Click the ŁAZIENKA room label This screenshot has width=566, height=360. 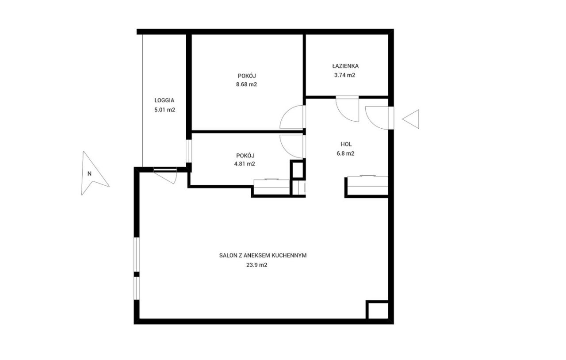[345, 66]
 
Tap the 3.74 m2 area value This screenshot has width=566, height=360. [344, 75]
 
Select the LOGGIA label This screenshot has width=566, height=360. [164, 100]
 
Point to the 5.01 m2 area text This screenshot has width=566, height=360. [165, 110]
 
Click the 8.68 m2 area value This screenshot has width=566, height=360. [246, 84]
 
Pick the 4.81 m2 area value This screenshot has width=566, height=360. [245, 164]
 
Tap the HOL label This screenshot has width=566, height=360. [346, 144]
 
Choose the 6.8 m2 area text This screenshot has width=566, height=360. [345, 153]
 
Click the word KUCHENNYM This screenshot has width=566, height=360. [289, 256]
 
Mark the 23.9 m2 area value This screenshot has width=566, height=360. [257, 265]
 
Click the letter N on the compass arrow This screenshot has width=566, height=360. [89, 174]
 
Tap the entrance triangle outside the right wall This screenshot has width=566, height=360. [411, 119]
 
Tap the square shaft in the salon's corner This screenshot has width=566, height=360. [377, 310]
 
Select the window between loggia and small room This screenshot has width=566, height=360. [189, 151]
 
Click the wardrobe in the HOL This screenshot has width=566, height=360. [367, 185]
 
